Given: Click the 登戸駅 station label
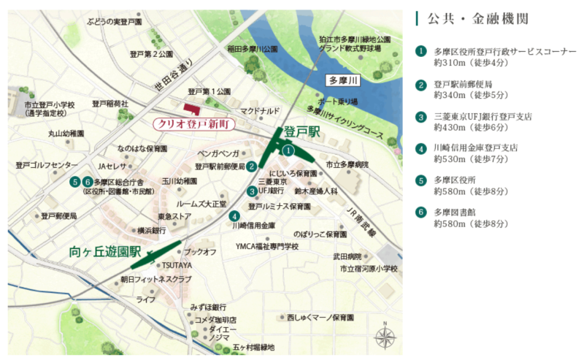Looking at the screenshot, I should pos(302,131).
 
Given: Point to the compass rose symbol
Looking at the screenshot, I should pos(385,337).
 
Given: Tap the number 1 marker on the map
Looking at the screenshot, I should pos(288,150).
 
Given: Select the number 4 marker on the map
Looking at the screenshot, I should pos(234,215).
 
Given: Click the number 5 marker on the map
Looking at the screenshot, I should pos(74,182).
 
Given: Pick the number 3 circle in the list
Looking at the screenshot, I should pos(421,117).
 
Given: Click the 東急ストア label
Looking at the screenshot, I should pos(174,217).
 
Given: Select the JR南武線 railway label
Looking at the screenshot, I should pos(360,221).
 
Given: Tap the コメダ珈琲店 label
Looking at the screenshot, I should pos(215,320).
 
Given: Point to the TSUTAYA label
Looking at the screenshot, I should pos(177,265).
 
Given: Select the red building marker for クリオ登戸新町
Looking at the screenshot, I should pos(191,108).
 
